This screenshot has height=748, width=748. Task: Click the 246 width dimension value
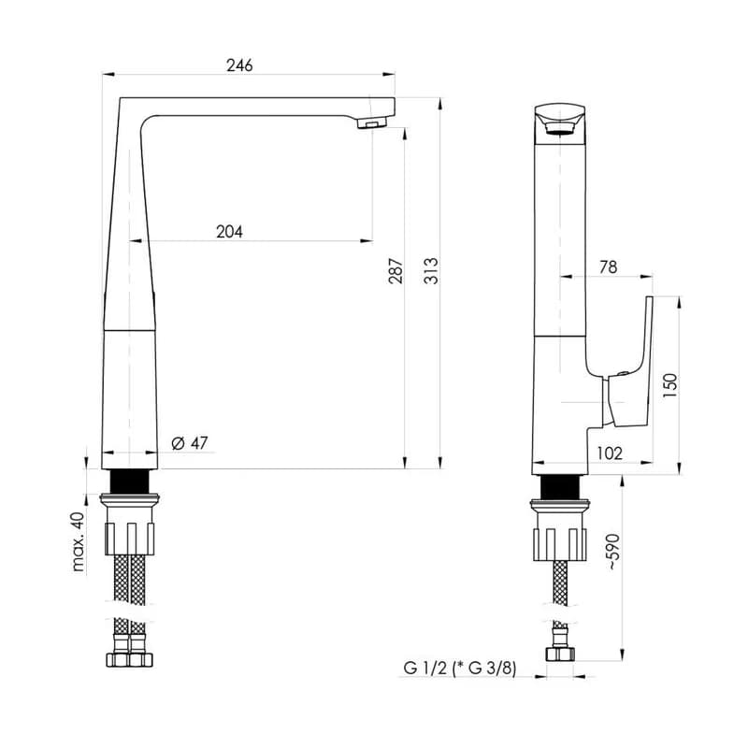click(239, 65)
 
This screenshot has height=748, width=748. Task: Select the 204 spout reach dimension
click(229, 232)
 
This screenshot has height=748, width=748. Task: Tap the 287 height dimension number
click(396, 271)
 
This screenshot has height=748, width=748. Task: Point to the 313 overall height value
click(431, 271)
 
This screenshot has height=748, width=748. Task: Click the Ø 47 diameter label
click(190, 443)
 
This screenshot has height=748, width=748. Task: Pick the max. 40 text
click(78, 542)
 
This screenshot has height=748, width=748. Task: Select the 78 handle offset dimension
click(609, 267)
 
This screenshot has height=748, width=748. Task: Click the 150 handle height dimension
click(669, 386)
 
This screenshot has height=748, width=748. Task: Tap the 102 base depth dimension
click(610, 453)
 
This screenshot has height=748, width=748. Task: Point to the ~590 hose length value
click(613, 553)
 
